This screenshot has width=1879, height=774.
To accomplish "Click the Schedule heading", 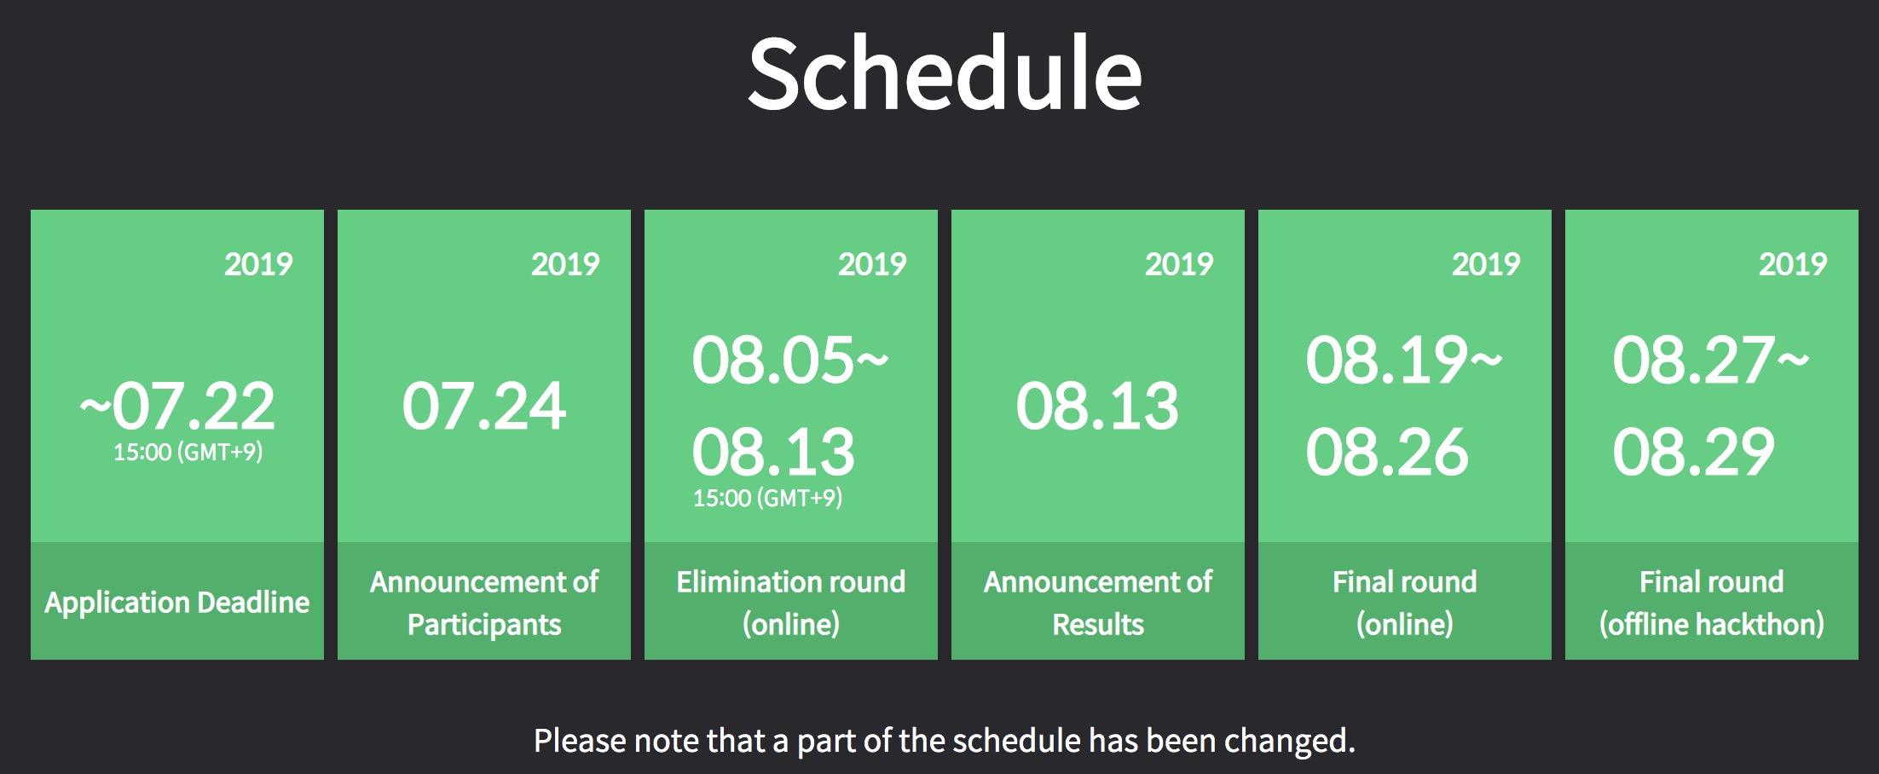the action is pos(945,73).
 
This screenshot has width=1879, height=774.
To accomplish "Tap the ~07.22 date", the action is pos(177,406).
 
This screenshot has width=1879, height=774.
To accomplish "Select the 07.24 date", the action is pos(484,406).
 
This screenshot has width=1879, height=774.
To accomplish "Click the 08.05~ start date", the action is pos(790,360).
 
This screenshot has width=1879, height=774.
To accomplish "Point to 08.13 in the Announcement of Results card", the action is pos(1097,406).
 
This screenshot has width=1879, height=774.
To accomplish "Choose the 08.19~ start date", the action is pos(1404,360).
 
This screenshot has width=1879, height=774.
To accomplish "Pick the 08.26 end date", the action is pos(1387,452).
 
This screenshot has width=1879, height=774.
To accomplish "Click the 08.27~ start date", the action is pos(1711,360).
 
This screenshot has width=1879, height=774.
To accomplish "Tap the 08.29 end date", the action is pos(1694,452).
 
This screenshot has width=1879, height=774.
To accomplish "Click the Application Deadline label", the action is pos(177,603).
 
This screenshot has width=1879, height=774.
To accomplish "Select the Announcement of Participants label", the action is pos(484,603).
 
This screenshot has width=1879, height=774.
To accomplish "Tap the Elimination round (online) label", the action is pos(791,603).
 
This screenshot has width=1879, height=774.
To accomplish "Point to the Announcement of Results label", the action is pos(1098,603).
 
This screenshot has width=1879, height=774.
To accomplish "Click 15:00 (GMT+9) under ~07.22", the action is pos(188,452).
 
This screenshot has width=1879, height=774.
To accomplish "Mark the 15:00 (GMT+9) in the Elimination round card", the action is pos(767,498).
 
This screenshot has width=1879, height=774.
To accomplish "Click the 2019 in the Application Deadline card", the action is pos(258,264).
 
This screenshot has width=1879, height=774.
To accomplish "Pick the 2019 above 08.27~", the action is pos(1793,264).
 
